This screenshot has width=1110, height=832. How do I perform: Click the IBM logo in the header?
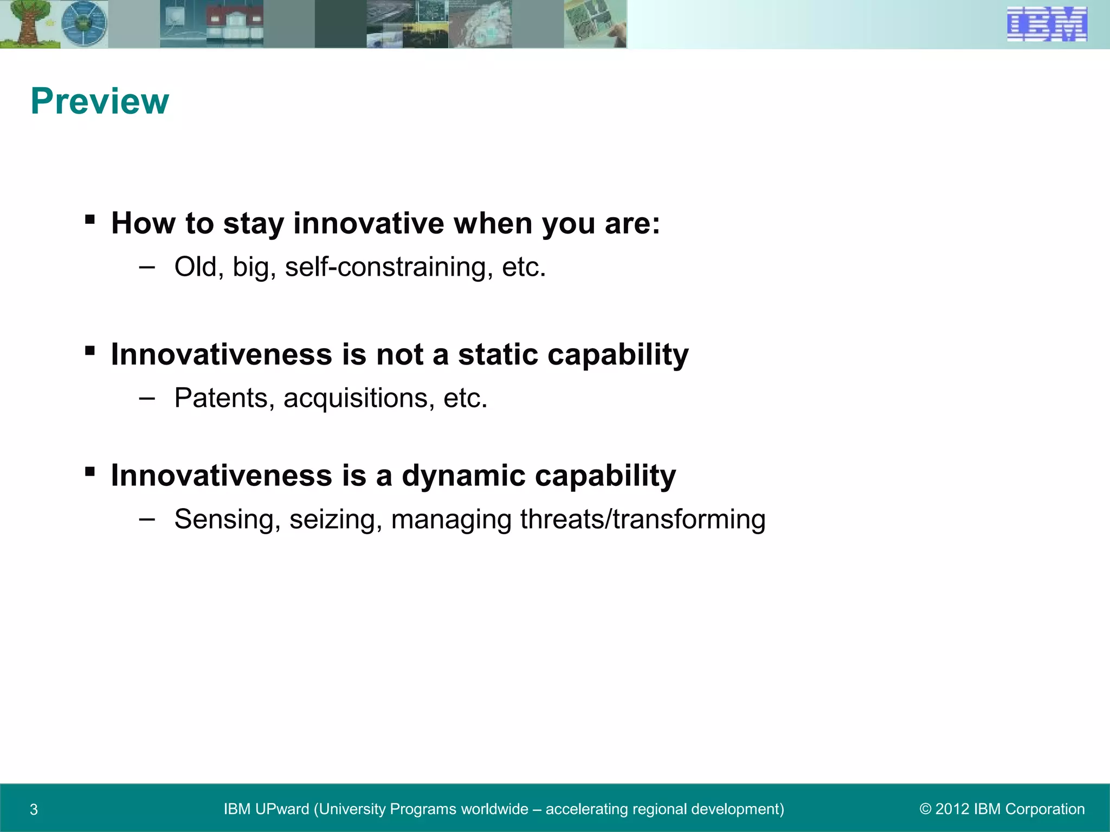point(1047,24)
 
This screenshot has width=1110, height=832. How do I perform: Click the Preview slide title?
point(100,101)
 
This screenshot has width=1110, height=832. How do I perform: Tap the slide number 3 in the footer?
point(34,810)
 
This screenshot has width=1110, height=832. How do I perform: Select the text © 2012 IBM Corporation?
point(1002,809)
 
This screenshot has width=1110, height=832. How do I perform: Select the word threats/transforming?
point(643,519)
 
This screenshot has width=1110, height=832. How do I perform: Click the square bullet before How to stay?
point(90,220)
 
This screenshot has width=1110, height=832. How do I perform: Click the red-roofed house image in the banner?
point(234,24)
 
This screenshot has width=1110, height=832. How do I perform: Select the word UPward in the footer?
point(281,809)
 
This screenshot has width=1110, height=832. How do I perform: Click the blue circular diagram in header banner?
point(84,24)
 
